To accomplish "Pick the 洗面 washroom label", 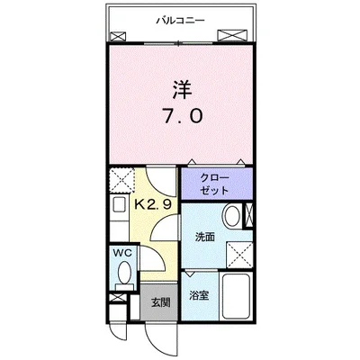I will click(204, 237).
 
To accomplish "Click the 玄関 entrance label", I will click(160, 301).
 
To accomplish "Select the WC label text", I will click(122, 254).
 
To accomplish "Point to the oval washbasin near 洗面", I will click(232, 216).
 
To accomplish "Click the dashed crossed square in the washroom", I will click(238, 253).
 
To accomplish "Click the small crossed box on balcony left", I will click(117, 36).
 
